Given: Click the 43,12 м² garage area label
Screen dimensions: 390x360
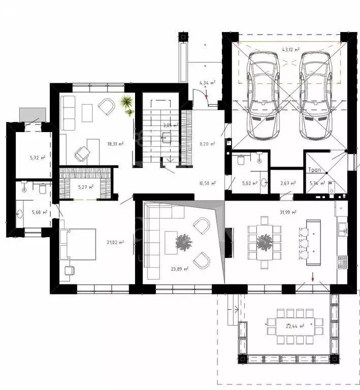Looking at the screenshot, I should tap(291, 50).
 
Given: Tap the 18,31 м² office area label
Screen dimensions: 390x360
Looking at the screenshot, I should tap(115, 144).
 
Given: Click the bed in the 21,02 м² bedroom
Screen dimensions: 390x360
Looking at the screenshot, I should tap(79, 244).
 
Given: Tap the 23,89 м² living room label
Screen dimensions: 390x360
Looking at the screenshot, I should tap(180, 269).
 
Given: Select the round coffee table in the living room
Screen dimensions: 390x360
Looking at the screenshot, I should tap(183, 243).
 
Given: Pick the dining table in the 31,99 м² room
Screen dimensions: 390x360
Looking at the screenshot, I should tap(264, 243).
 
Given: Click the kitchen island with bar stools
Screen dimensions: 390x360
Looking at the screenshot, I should tap(313, 240).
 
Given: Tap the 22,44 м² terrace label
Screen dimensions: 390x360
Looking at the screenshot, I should tap(295, 326).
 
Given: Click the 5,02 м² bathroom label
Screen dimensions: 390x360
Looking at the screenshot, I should tap(249, 183).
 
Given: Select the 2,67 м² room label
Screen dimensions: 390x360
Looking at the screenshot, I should tap(288, 183).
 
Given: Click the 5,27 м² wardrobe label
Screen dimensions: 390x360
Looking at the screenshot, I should tap(85, 187).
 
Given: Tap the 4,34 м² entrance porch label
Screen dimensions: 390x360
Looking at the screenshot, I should tap(207, 82).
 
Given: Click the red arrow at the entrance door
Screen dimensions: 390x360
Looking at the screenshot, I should tap(207, 94).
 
